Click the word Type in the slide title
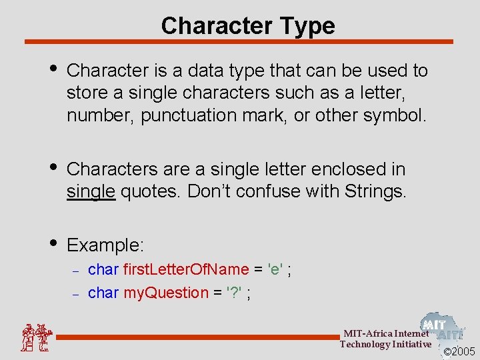point(304,26)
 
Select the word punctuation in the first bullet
point(185,115)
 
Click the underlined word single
point(91,192)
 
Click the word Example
point(105,245)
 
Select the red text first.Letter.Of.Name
point(186,269)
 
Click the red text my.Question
point(166,293)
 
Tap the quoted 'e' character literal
point(274,269)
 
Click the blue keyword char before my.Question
point(103,293)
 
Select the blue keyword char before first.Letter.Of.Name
point(103,269)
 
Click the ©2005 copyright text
point(459,351)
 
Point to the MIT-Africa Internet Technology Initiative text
point(385,339)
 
